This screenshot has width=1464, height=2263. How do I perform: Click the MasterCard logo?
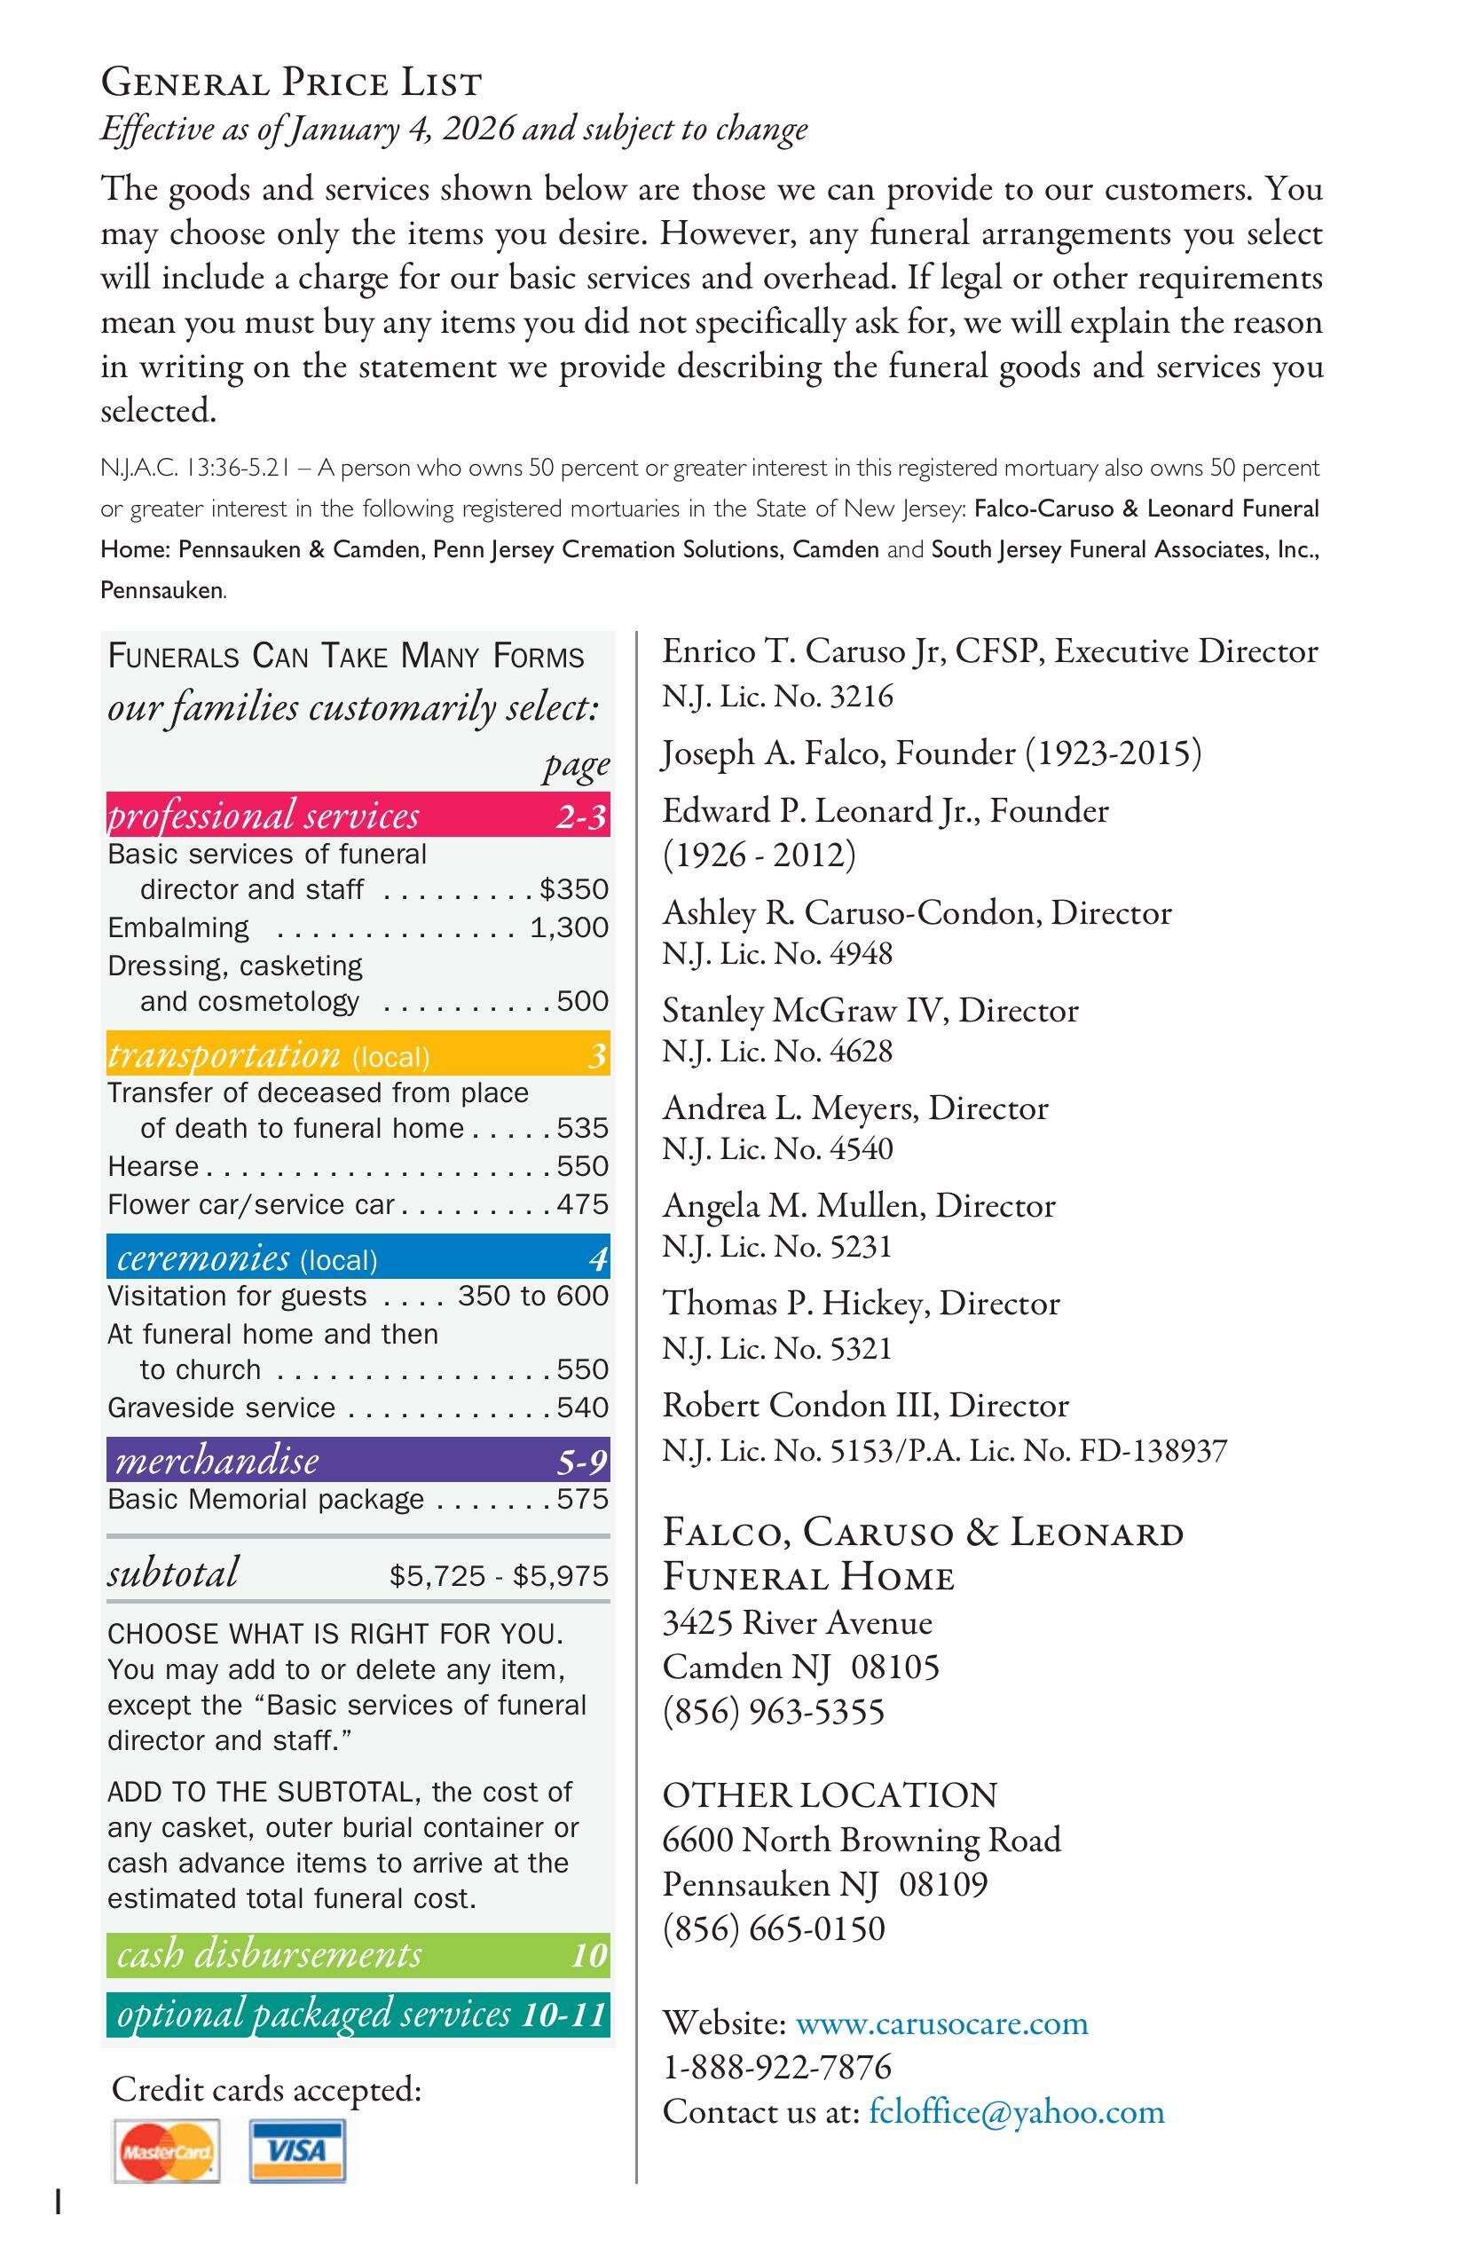point(167,2151)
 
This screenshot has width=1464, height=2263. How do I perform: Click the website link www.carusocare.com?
point(941,2023)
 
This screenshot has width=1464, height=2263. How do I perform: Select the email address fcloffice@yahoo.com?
point(1016,2112)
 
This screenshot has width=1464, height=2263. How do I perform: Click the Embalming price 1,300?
point(569,927)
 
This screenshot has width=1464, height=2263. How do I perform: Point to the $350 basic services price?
point(573,889)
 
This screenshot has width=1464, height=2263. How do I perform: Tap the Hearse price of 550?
point(582,1166)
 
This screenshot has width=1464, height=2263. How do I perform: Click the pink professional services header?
point(358,815)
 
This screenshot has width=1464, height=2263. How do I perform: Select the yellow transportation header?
point(358,1054)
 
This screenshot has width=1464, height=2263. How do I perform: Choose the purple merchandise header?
point(358,1461)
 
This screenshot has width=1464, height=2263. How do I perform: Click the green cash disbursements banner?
point(358,1954)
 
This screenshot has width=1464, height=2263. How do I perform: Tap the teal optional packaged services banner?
point(358,2014)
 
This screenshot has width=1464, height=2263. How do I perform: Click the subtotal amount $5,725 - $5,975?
point(498,1575)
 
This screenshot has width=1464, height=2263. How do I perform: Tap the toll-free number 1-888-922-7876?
point(776,2067)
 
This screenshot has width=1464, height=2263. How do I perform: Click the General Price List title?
point(291,83)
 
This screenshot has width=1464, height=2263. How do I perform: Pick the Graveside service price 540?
point(582,1407)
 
